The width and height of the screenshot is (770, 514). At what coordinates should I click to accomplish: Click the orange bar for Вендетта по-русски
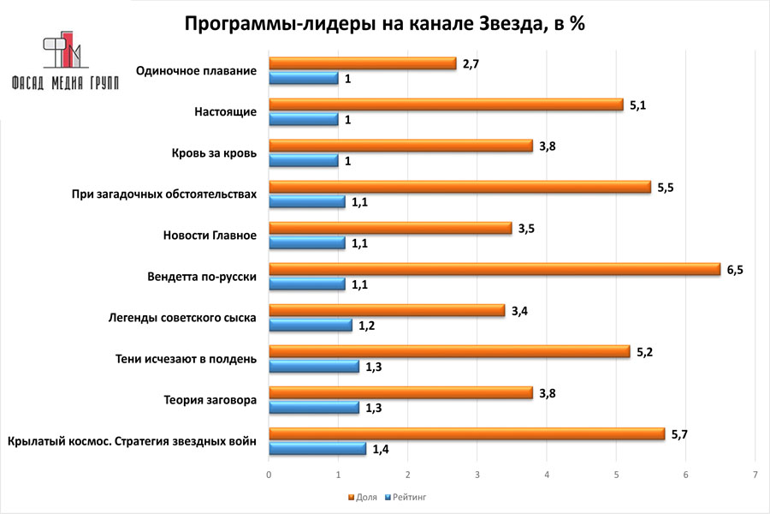[x=495, y=269]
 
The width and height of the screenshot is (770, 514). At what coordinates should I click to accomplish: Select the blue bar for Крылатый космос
[x=317, y=449]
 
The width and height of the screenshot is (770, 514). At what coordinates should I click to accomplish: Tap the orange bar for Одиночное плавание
[x=363, y=63]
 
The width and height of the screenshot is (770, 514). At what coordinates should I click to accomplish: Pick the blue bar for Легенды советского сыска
[x=311, y=326]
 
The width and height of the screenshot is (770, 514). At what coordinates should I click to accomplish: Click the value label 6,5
[x=735, y=269]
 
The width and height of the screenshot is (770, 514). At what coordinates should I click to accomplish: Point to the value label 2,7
[x=470, y=63]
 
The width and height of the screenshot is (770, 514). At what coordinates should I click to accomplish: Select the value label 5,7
[x=679, y=433]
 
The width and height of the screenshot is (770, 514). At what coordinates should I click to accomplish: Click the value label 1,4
[x=381, y=449]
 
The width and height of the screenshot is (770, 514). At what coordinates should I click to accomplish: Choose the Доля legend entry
[x=364, y=496]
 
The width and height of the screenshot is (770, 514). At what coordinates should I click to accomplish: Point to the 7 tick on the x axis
[x=755, y=474]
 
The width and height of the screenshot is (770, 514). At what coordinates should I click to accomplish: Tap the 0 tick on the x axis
[x=269, y=474]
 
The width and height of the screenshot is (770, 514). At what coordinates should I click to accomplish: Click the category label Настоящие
[x=226, y=111]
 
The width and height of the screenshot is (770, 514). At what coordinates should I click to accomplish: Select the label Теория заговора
[x=210, y=400]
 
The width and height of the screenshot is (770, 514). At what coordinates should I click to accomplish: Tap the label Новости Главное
[x=210, y=236]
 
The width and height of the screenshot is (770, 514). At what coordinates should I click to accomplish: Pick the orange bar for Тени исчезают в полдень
[x=449, y=351]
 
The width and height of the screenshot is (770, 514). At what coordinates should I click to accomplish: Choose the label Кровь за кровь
[x=214, y=153]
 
